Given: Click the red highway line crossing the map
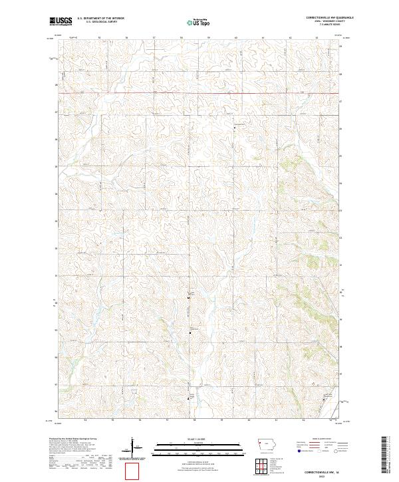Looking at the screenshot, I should pyautogui.click(x=199, y=93).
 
